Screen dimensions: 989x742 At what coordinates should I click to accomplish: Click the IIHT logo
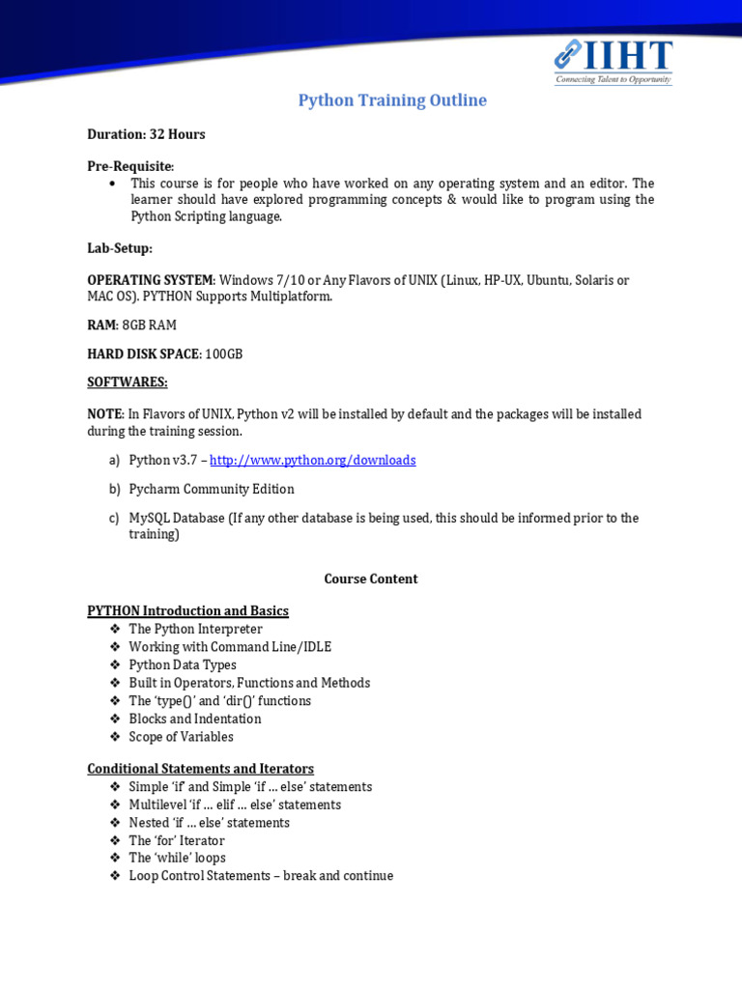[x=613, y=62]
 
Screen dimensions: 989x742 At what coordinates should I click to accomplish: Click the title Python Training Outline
[x=392, y=100]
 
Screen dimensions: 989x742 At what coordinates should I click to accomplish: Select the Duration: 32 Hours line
[x=146, y=134]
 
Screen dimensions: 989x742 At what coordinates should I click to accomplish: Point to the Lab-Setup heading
[x=120, y=248]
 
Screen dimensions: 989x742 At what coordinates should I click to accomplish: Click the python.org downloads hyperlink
[x=313, y=460]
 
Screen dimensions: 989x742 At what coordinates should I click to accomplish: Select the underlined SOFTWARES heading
[x=128, y=382]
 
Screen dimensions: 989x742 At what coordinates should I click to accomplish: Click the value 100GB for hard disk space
[x=224, y=353]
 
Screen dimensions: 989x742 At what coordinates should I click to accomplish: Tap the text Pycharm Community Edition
[x=212, y=489]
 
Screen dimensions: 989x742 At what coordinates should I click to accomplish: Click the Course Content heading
[x=371, y=579]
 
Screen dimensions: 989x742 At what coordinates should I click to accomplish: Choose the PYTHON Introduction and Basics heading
[x=187, y=610]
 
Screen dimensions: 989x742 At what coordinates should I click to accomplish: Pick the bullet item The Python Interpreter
[x=196, y=629]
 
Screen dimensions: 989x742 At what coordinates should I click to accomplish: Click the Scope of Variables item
[x=182, y=737]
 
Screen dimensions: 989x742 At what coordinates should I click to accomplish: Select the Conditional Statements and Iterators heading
[x=200, y=769]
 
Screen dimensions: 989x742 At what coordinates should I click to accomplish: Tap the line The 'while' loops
[x=178, y=858]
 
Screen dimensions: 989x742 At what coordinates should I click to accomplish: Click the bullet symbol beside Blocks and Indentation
[x=115, y=719]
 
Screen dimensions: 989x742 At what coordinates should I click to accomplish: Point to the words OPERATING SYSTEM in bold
[x=150, y=280]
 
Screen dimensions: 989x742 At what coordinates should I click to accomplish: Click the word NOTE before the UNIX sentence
[x=105, y=413]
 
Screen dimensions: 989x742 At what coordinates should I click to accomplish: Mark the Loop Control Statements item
[x=261, y=875]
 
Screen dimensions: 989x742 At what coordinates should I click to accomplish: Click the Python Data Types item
[x=183, y=664]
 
